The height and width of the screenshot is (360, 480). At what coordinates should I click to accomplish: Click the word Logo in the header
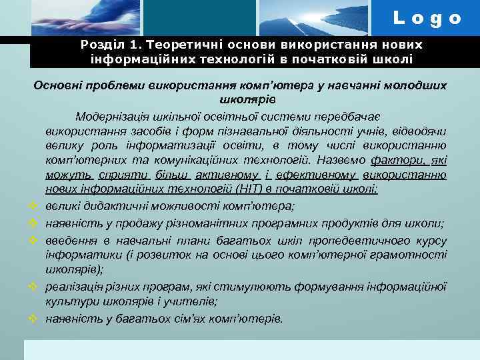[427, 18]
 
